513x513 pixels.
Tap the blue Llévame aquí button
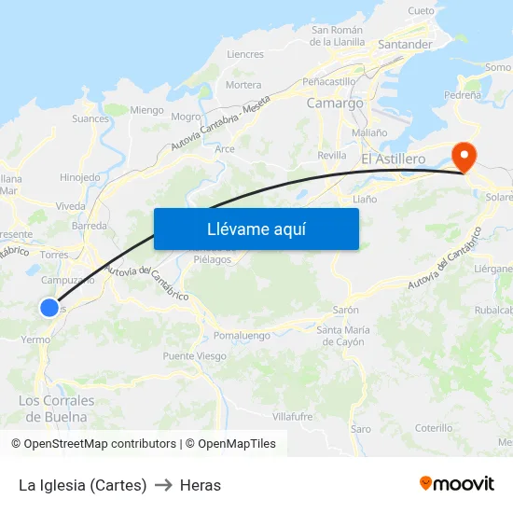[x=256, y=229]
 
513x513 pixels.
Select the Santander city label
[x=405, y=45]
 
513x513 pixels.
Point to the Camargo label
[x=335, y=104]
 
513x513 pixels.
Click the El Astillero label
[x=393, y=159]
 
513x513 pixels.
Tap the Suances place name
[x=90, y=118]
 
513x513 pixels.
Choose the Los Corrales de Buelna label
[x=56, y=409]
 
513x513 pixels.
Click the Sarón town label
[x=345, y=310]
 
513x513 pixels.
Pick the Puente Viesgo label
[x=194, y=356]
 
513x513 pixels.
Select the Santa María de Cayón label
[x=342, y=336]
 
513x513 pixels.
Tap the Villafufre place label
[x=293, y=417]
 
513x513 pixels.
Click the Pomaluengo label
[x=242, y=335]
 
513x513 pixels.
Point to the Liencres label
[x=245, y=54]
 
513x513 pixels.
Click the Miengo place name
[x=146, y=110]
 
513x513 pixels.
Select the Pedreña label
[x=463, y=95]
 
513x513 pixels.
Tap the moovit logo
[x=457, y=483]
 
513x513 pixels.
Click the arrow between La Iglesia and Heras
[x=163, y=485]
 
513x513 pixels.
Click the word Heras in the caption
[x=201, y=485]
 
